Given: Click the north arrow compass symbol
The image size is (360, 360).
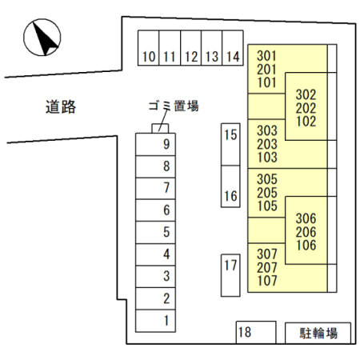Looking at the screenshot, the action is click(42, 38).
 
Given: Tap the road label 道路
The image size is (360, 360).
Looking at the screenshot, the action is click(61, 107).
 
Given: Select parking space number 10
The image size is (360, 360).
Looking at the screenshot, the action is click(148, 48).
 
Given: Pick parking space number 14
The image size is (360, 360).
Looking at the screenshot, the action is click(233, 48).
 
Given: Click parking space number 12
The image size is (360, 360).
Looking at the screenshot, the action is click(191, 48).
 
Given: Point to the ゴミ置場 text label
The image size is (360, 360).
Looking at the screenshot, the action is click(174, 106).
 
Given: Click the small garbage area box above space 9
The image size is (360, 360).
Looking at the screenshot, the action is click(160, 129).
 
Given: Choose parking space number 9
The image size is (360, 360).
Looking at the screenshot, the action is click(155, 144).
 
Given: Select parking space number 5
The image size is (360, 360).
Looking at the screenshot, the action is click(155, 232).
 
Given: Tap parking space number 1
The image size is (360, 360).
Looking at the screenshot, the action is click(155, 321).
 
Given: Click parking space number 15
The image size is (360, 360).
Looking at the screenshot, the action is click(230, 144).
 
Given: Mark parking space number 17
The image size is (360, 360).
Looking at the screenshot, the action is click(230, 275).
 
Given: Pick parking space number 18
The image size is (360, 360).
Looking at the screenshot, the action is click(256, 332).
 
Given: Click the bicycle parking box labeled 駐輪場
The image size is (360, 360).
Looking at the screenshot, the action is click(318, 333).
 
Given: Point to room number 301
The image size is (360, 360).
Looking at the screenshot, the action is click(266, 56).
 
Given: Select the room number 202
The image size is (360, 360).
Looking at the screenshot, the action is click(306, 108).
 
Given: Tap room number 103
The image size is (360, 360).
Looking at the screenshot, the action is click(267, 158).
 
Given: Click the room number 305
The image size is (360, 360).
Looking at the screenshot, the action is click(267, 179).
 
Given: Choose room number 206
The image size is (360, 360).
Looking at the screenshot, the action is click(306, 232).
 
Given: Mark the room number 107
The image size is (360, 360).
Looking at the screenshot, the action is click(267, 281).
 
